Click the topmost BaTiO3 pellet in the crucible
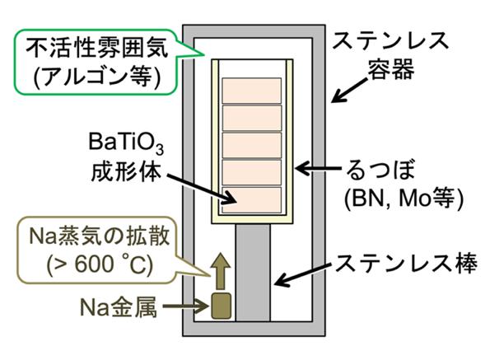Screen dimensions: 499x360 pos(252,91)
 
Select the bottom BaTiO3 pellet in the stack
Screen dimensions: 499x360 pos(252,200)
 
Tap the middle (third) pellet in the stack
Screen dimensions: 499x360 pos(252,145)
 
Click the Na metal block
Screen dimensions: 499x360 pos(222,306)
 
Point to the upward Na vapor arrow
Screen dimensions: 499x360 pos(221,271)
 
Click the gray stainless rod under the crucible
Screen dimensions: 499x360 pos(253,273)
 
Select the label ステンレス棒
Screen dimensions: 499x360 pos(407,264)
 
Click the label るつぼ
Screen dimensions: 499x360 pos(380,170)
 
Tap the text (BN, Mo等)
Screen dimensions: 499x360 pos(403,199)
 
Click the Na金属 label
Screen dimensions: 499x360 pos(119,307)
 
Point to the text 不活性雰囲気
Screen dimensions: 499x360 pos(96,49)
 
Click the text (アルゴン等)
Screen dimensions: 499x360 pos(96,77)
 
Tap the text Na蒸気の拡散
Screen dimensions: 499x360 pos(100,236)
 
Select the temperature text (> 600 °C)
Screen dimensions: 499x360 pos(100,264)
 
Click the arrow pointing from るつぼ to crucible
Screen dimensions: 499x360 pos(319,168)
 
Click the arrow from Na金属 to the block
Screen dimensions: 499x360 pos(186,306)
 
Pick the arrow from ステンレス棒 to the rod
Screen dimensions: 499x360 pos(303,274)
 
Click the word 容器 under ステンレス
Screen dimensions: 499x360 pos(391,68)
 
